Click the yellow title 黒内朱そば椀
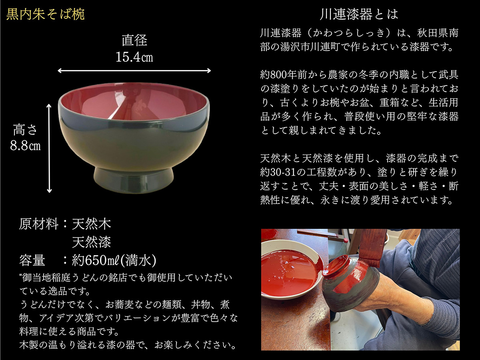pyautogui.click(x=46, y=15)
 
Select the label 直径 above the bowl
pyautogui.click(x=134, y=40)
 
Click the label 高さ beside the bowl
pyautogui.click(x=25, y=130)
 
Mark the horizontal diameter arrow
pyautogui.click(x=134, y=71)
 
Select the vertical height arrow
pyautogui.click(x=50, y=148)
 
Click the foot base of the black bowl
pyautogui.click(x=134, y=180)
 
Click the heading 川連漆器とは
pyautogui.click(x=359, y=15)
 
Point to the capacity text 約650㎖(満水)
pyautogui.click(x=114, y=260)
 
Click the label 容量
pyautogui.click(x=32, y=260)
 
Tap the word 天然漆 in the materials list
pyautogui.click(x=91, y=242)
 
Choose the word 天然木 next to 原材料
pyautogui.click(x=91, y=224)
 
